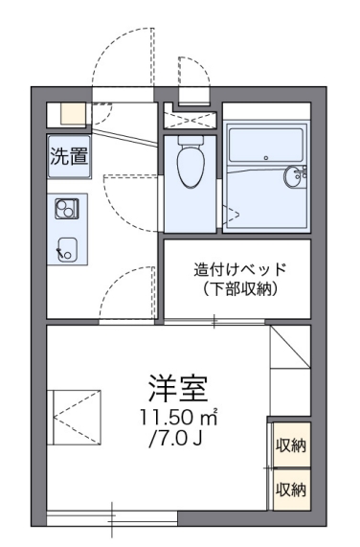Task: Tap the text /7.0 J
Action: click(x=174, y=442)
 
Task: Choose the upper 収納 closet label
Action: click(x=291, y=444)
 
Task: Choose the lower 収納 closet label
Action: click(x=291, y=490)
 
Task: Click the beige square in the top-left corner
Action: click(x=73, y=112)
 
